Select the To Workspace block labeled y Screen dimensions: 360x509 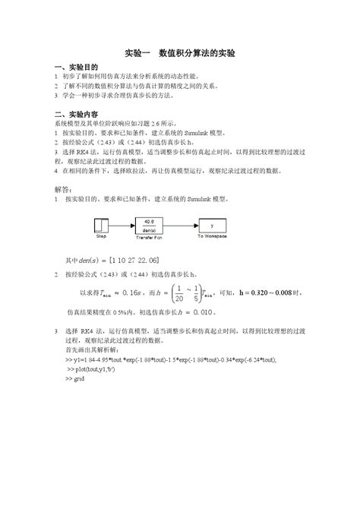[x=213, y=225]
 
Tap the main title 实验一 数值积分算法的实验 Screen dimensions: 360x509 [x=180, y=54]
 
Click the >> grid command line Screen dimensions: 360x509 [x=75, y=378]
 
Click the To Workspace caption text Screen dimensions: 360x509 [x=213, y=238]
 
